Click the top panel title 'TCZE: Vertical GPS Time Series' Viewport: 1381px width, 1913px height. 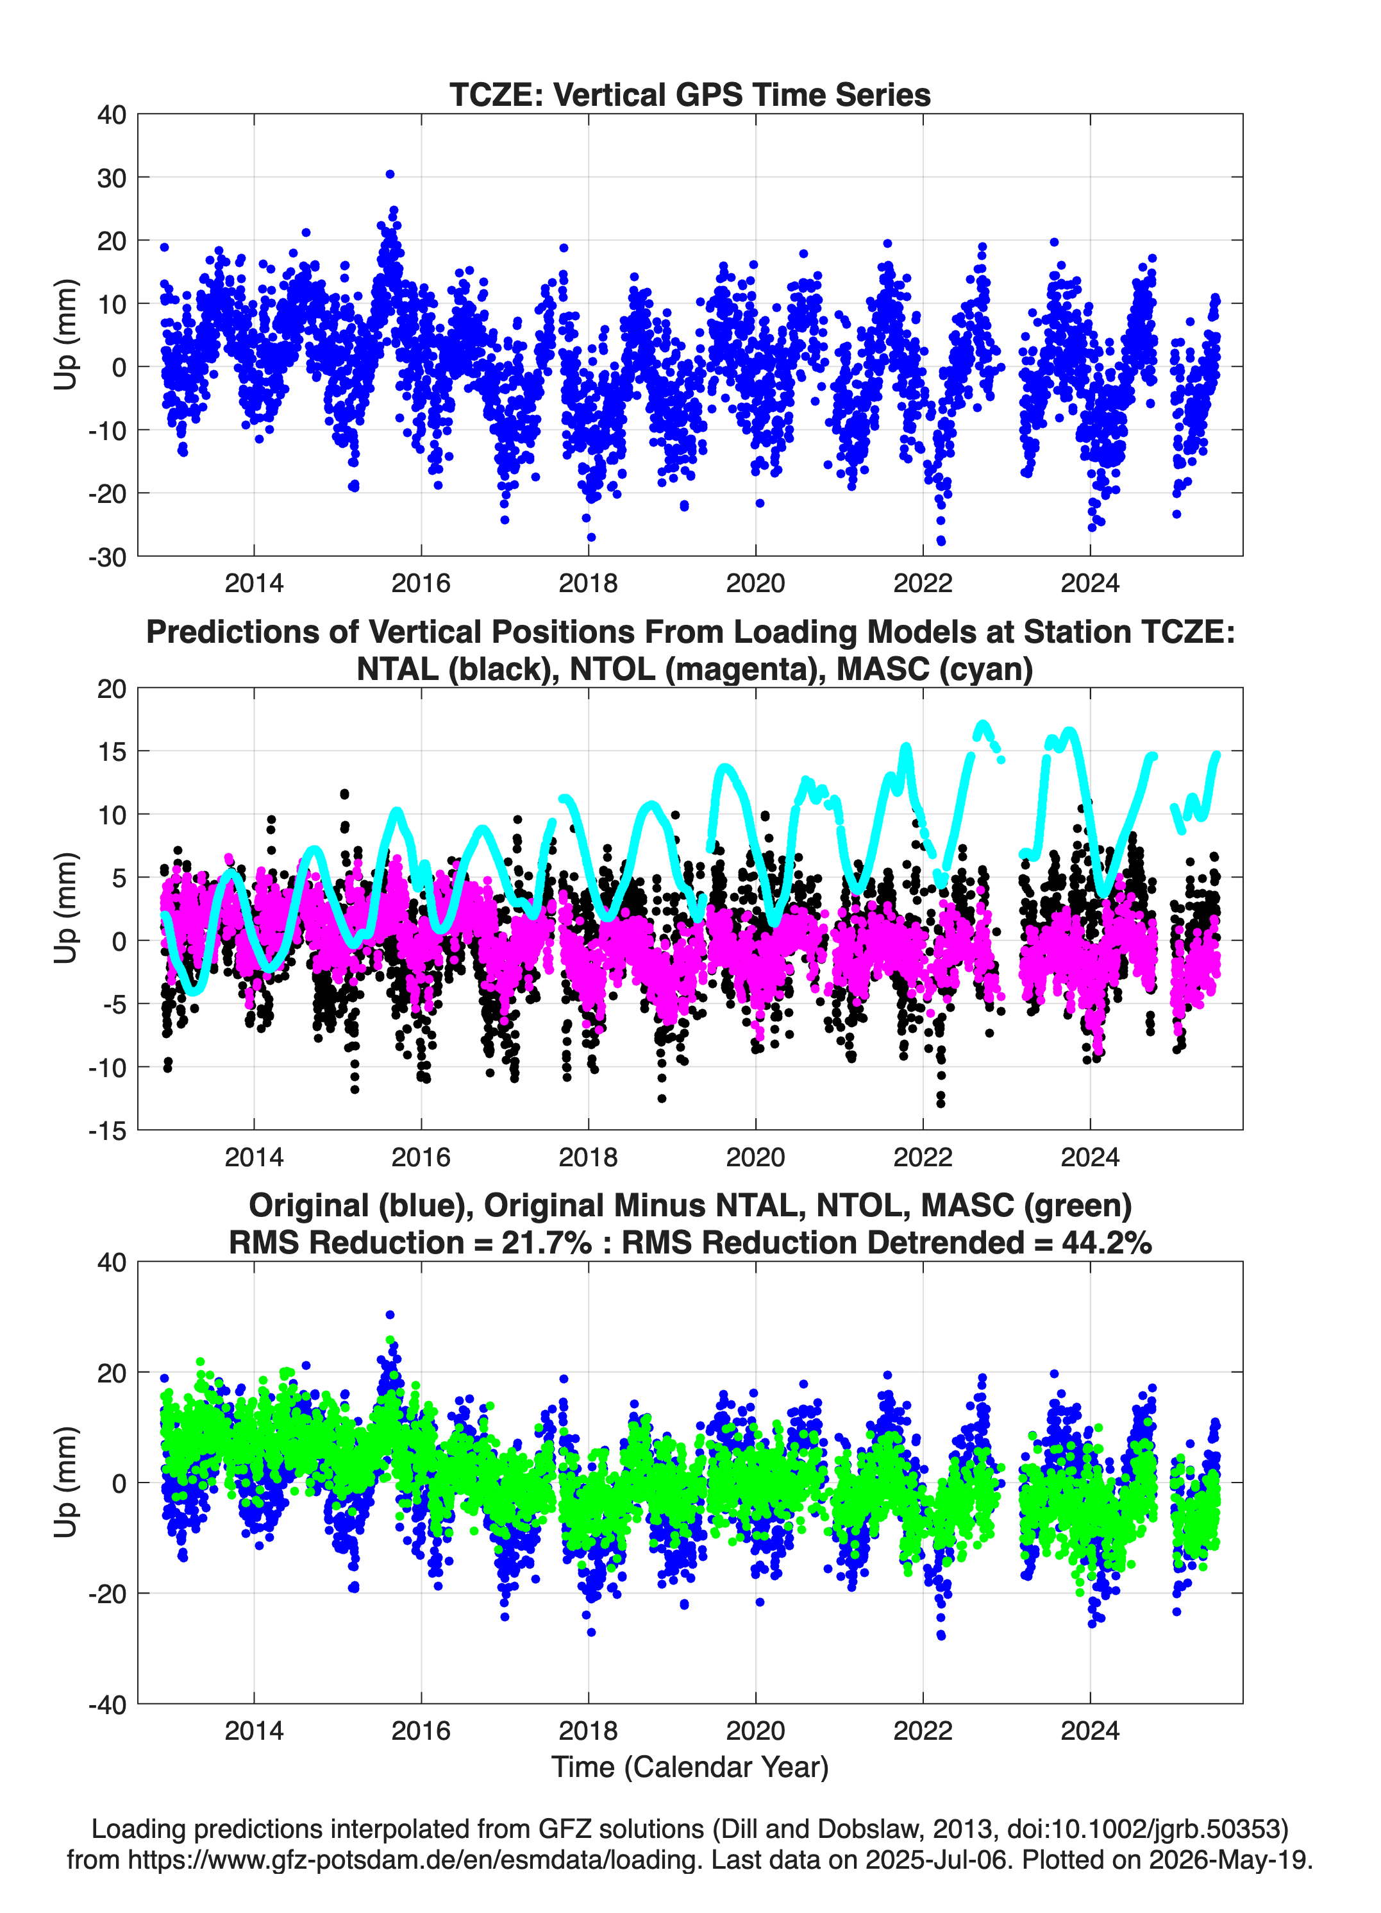pyautogui.click(x=690, y=94)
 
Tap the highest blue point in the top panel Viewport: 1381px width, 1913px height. pyautogui.click(x=390, y=174)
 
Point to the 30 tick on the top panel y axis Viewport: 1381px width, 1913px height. pyautogui.click(x=112, y=178)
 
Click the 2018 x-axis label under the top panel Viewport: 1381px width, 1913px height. pyautogui.click(x=589, y=583)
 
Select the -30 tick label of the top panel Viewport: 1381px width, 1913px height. pyautogui.click(x=107, y=557)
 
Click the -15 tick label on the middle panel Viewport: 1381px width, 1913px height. pyautogui.click(x=107, y=1131)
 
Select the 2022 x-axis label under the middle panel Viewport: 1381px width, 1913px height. pyautogui.click(x=923, y=1157)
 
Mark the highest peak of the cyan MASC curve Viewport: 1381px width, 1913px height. pyautogui.click(x=982, y=724)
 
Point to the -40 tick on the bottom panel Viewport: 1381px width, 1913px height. pyautogui.click(x=107, y=1705)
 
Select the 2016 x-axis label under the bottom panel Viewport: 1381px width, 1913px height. pyautogui.click(x=421, y=1730)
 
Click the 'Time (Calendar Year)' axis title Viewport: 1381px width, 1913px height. pyautogui.click(x=690, y=1766)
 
